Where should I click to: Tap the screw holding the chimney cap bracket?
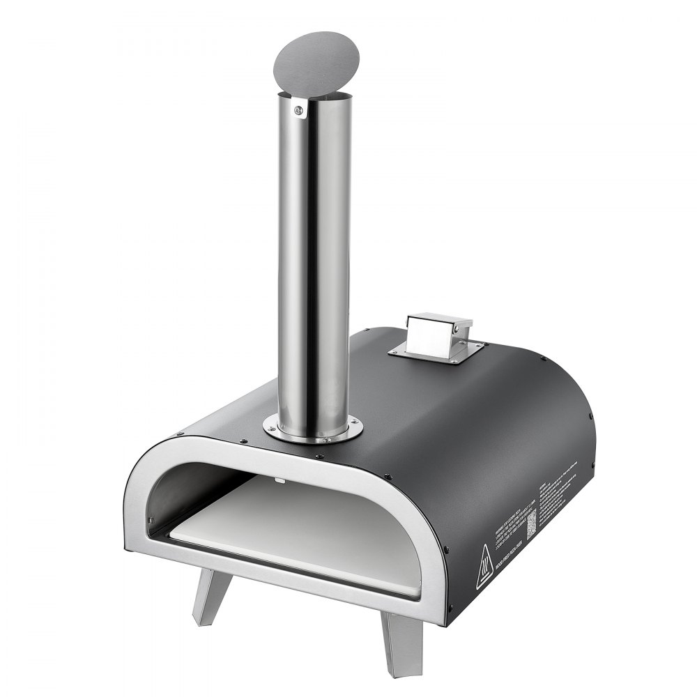(x=299, y=109)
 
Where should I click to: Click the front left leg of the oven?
(x=207, y=596)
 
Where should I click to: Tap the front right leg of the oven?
(x=403, y=634)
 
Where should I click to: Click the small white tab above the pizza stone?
(x=279, y=480)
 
